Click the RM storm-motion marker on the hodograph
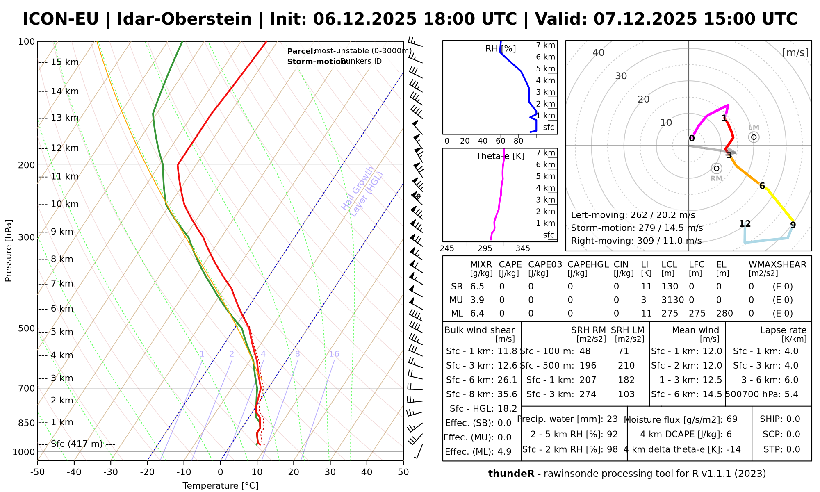coord(716,169)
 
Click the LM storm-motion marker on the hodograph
coord(754,137)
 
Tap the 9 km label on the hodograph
coord(793,225)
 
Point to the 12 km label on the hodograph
coord(745,224)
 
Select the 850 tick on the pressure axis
coord(27,423)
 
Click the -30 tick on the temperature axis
coord(111,472)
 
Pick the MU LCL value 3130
coord(672,300)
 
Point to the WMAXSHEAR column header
coord(777,265)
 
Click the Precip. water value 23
coord(612,419)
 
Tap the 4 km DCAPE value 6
coord(729,434)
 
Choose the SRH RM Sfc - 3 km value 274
coord(588,394)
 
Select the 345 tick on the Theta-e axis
coord(523,248)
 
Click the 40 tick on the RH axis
coord(483,141)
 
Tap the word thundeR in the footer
coord(511,474)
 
